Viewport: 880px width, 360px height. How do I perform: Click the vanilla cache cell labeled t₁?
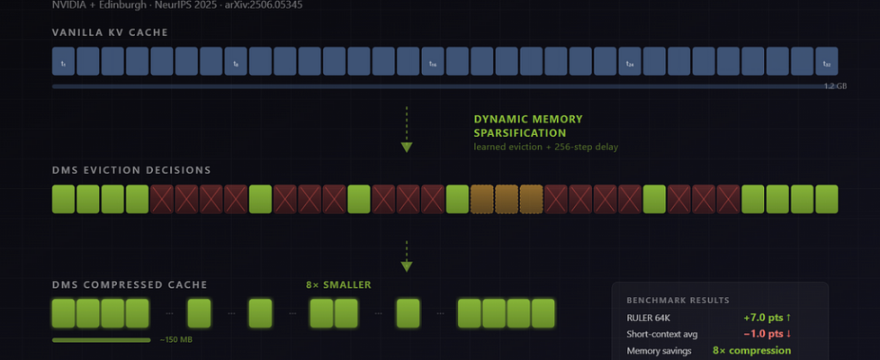point(63,61)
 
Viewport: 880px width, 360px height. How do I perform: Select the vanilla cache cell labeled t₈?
point(236,61)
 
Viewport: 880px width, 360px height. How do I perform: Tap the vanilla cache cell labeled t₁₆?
point(433,61)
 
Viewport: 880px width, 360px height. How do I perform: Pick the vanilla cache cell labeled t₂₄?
point(630,61)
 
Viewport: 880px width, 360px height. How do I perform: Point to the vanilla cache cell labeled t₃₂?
point(826,61)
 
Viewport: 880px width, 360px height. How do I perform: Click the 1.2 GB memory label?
point(835,86)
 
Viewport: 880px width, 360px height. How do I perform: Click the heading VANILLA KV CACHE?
point(110,33)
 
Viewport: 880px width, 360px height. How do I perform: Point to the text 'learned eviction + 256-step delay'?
point(545,147)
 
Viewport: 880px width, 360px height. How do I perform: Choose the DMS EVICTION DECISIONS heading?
point(131,170)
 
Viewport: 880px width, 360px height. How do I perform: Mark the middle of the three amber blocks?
point(507,199)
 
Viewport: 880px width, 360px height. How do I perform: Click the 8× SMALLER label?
point(338,285)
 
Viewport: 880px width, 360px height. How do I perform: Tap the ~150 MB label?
point(175,340)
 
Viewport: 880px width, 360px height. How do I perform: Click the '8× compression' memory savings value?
point(751,350)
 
